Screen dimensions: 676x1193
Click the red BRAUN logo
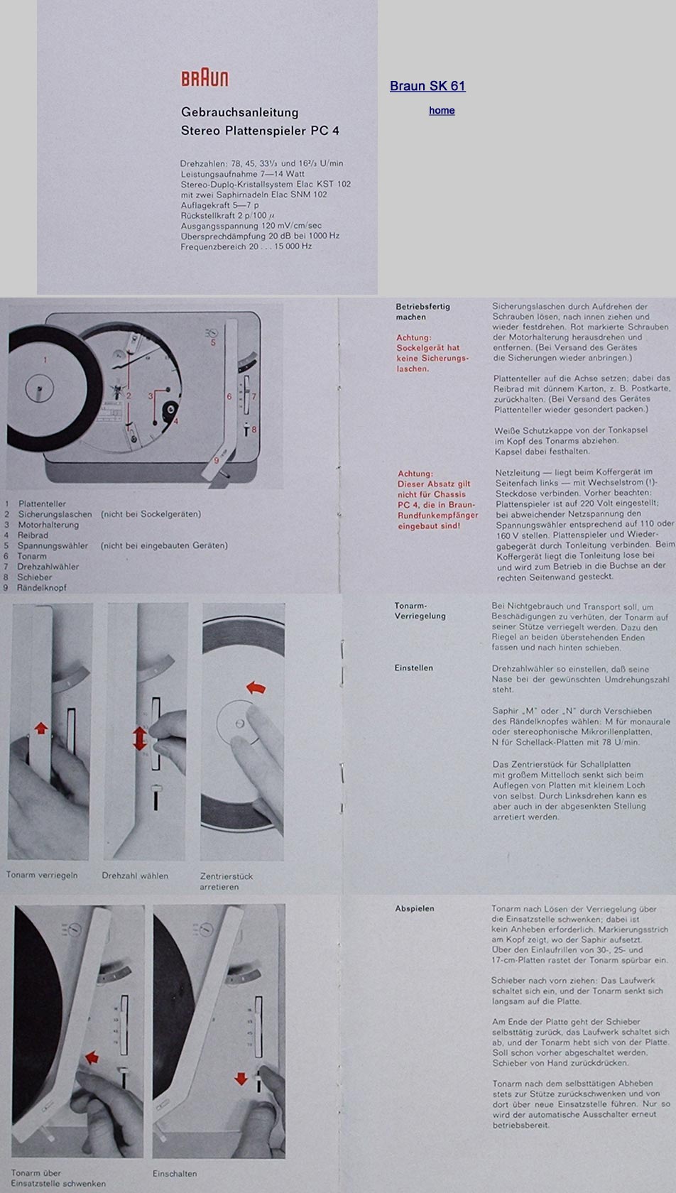click(x=205, y=78)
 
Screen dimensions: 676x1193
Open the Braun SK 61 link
click(x=427, y=86)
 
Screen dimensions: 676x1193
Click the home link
click(x=442, y=110)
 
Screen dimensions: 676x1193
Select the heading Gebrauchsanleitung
click(x=240, y=112)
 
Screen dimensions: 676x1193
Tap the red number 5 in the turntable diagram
click(x=212, y=342)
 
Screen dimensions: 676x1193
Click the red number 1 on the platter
click(x=45, y=360)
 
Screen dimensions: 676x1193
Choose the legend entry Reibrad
click(x=33, y=535)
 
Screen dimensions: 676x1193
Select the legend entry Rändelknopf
click(x=42, y=588)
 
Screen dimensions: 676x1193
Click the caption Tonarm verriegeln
click(x=42, y=875)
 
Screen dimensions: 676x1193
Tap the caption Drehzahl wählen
click(x=135, y=876)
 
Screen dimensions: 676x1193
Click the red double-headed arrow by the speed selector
click(x=140, y=739)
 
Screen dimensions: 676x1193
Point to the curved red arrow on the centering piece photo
click(x=256, y=687)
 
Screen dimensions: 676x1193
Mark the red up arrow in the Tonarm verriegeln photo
click(x=41, y=728)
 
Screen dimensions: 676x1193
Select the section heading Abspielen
click(x=415, y=909)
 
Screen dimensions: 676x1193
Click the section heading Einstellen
click(x=414, y=668)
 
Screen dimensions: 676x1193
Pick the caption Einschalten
click(x=175, y=1173)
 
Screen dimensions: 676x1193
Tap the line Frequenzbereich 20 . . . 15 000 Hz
click(x=246, y=246)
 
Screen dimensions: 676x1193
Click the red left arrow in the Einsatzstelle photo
click(x=92, y=1057)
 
